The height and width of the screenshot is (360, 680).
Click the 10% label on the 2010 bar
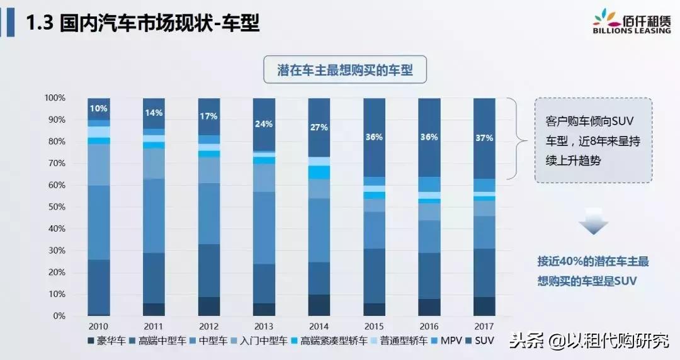click(x=98, y=108)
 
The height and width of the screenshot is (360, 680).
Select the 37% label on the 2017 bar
click(x=484, y=138)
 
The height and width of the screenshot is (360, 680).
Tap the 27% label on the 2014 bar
click(x=319, y=127)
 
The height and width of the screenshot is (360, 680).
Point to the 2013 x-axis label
click(x=264, y=325)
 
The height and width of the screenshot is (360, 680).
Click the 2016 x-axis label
click(x=429, y=325)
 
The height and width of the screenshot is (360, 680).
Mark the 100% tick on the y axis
click(x=54, y=98)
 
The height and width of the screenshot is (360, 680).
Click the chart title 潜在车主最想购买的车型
click(x=345, y=70)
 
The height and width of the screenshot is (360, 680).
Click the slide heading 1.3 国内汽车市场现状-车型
click(x=142, y=24)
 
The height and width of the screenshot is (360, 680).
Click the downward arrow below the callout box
click(x=593, y=224)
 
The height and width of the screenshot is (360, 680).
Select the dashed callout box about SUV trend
click(x=593, y=140)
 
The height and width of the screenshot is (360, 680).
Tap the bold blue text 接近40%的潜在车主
click(x=592, y=261)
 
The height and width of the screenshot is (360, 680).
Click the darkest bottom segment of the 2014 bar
click(x=319, y=305)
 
